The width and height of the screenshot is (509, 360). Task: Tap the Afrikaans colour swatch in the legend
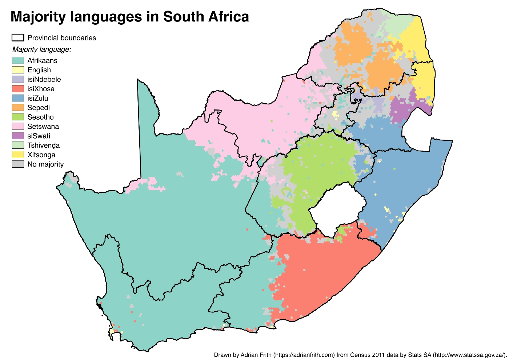pyautogui.click(x=18, y=60)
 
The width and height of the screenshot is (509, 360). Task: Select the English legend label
pyautogui.click(x=39, y=70)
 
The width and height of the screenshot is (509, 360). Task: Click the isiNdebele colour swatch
pyautogui.click(x=18, y=79)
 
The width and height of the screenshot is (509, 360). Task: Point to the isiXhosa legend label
pyautogui.click(x=41, y=89)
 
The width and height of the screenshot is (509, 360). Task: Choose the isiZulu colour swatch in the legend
pyautogui.click(x=18, y=98)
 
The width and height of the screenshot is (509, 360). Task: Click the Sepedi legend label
pyautogui.click(x=39, y=108)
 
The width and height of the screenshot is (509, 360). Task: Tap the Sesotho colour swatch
pyautogui.click(x=18, y=117)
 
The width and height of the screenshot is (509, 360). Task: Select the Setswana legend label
pyautogui.click(x=43, y=127)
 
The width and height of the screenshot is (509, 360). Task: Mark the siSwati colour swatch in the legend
pyautogui.click(x=18, y=136)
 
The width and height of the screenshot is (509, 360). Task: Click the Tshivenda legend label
pyautogui.click(x=43, y=145)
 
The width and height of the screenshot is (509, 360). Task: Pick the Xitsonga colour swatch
pyautogui.click(x=18, y=155)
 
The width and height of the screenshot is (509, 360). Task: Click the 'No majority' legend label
pyautogui.click(x=45, y=164)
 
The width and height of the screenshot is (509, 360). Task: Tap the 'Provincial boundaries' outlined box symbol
pyautogui.click(x=18, y=38)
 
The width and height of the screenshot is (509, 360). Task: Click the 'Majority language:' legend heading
pyautogui.click(x=41, y=49)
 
